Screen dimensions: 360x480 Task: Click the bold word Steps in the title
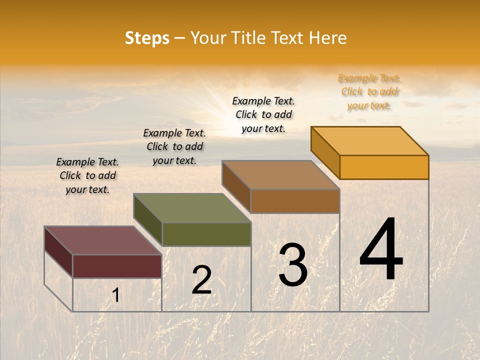[147, 38]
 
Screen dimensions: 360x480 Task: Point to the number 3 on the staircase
[293, 265]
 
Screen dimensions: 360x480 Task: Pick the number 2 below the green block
[201, 280]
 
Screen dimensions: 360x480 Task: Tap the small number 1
[115, 295]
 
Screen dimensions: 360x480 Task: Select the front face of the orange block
[384, 167]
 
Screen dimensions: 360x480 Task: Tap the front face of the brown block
[295, 201]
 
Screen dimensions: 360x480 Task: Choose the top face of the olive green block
[192, 208]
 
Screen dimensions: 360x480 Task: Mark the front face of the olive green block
[206, 234]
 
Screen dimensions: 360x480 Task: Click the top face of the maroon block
[103, 240]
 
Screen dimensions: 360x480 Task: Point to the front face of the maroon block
[117, 266]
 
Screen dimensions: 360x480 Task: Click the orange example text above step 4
[369, 91]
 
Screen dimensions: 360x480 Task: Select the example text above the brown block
[263, 114]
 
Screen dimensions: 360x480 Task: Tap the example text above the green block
[174, 146]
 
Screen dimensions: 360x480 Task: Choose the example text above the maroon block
[87, 175]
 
